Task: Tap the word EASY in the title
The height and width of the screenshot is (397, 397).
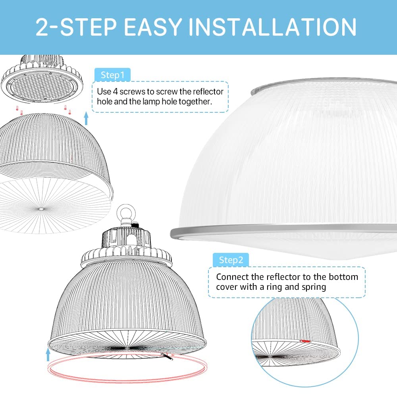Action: click(153, 27)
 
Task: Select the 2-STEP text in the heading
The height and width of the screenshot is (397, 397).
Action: click(76, 27)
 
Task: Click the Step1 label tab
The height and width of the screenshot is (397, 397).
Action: click(112, 75)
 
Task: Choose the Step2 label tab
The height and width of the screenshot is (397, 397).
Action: click(231, 260)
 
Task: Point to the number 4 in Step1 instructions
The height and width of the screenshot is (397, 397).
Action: click(115, 91)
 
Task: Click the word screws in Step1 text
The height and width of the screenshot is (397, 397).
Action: click(132, 91)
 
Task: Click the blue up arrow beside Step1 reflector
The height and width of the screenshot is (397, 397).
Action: click(86, 118)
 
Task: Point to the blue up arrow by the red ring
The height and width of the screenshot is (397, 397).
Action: click(48, 354)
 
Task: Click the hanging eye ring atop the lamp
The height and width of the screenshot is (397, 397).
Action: click(125, 212)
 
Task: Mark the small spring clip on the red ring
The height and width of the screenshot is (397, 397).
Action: click(167, 356)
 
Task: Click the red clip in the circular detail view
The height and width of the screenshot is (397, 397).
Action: click(305, 341)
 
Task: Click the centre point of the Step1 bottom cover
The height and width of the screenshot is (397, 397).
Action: click(41, 209)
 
